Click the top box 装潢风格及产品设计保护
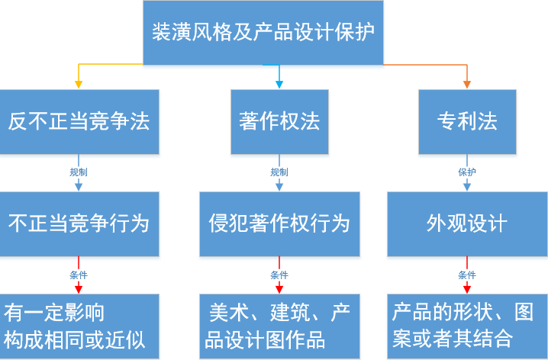(263, 33)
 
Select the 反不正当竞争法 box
(79, 122)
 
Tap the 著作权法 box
(279, 122)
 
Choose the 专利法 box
(467, 122)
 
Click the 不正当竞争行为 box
(79, 223)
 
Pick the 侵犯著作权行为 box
(279, 223)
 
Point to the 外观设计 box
(467, 223)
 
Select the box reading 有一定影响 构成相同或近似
(79, 326)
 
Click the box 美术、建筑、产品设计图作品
(279, 326)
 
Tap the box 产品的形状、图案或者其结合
(467, 326)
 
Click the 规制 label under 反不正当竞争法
(79, 172)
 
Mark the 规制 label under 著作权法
(279, 172)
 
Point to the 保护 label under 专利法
(467, 172)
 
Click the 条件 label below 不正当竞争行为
(79, 275)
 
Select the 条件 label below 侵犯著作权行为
(279, 275)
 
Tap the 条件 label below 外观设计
(467, 275)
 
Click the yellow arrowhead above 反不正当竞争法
(79, 84)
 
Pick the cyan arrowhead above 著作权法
(279, 84)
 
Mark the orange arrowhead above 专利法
(467, 84)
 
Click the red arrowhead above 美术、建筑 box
(279, 288)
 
